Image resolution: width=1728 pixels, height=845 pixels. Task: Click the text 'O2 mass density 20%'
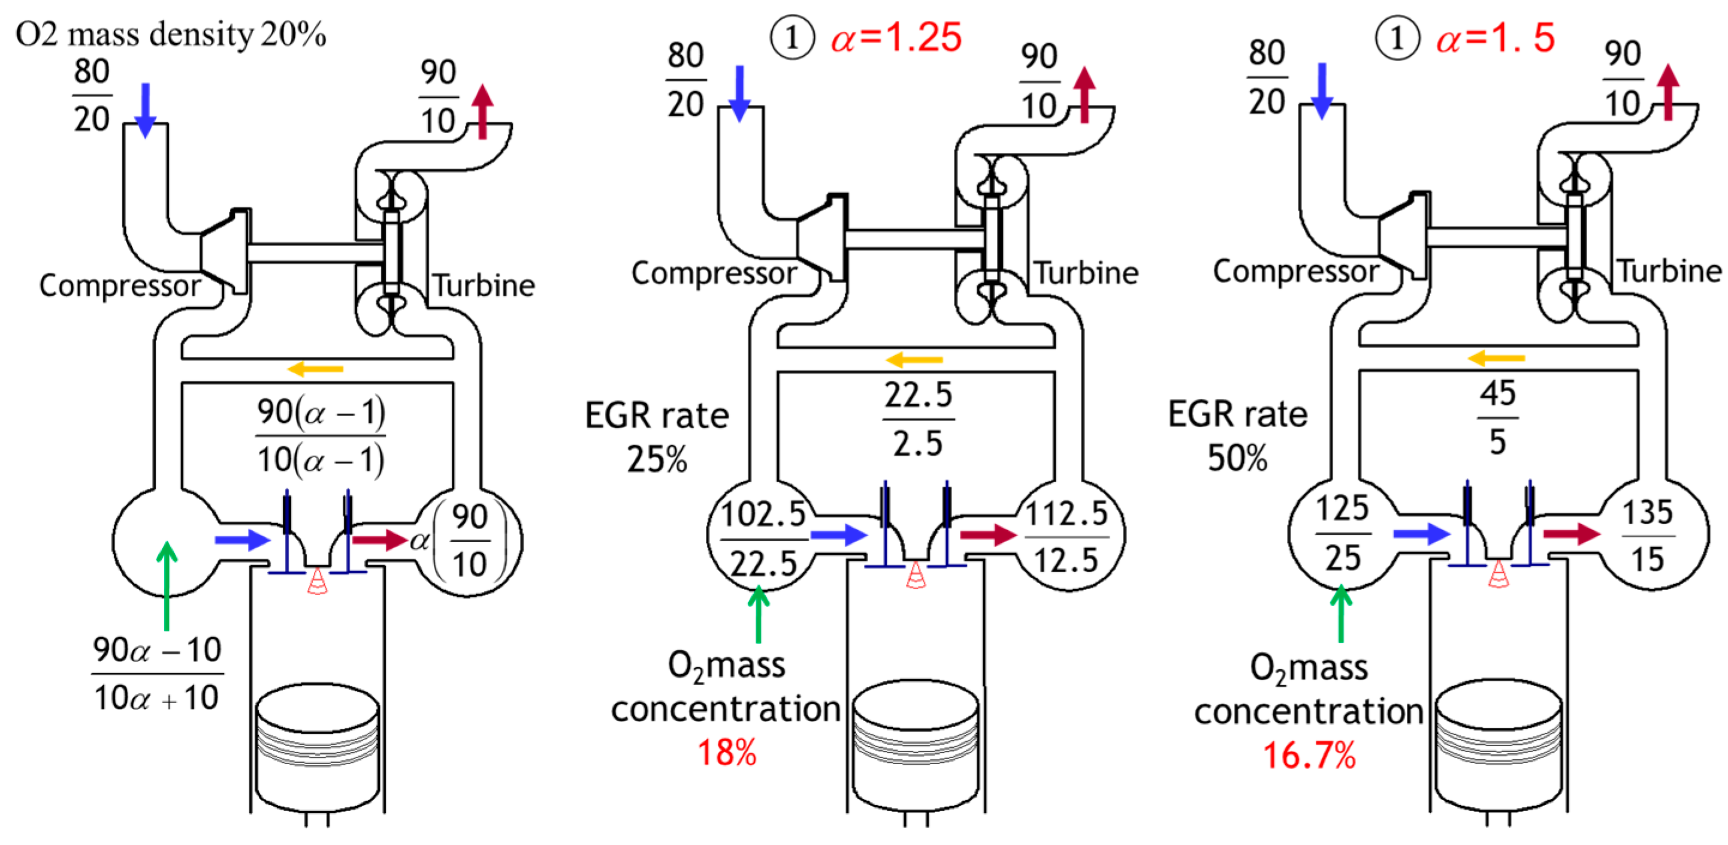(170, 34)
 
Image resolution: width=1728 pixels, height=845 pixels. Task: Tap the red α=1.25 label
(896, 38)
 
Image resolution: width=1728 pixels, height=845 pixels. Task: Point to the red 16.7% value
(1309, 755)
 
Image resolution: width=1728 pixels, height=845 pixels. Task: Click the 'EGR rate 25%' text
(657, 437)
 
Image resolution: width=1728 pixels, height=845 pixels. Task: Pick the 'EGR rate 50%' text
(1238, 435)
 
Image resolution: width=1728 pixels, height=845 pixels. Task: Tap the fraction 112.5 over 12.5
(1067, 537)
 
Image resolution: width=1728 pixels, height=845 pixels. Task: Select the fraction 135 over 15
(1648, 536)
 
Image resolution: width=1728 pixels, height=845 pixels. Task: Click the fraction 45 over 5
(1497, 417)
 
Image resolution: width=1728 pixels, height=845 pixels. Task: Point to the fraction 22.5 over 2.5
(919, 419)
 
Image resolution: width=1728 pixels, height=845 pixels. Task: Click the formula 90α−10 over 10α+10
(157, 673)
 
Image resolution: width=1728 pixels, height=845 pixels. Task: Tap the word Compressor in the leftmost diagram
(119, 286)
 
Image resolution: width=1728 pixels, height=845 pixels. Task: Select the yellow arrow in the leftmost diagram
(315, 368)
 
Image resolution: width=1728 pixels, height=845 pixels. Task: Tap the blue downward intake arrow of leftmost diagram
(145, 110)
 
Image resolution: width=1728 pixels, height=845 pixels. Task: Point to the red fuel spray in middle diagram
(916, 576)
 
